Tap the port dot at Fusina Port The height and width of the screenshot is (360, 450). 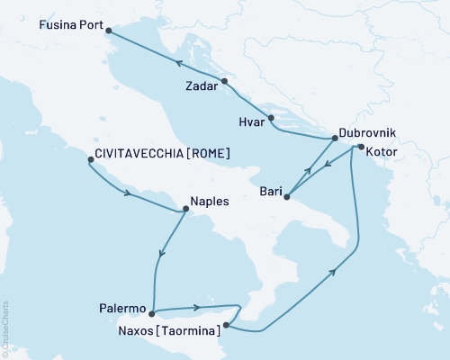click(109, 31)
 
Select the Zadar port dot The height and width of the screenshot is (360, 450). click(225, 82)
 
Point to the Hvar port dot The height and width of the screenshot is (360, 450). click(271, 117)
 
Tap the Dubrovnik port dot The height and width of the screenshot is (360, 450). click(335, 138)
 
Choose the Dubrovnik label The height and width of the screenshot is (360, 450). click(366, 131)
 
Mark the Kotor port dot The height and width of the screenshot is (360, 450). click(360, 147)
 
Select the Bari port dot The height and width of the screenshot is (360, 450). click(287, 196)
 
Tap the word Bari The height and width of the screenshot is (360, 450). click(269, 191)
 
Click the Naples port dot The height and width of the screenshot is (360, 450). click(185, 210)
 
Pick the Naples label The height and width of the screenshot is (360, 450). click(209, 202)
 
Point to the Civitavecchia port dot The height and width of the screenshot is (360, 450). click(90, 160)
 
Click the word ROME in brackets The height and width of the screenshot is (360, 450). click(208, 153)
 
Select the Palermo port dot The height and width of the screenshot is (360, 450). click(151, 314)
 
